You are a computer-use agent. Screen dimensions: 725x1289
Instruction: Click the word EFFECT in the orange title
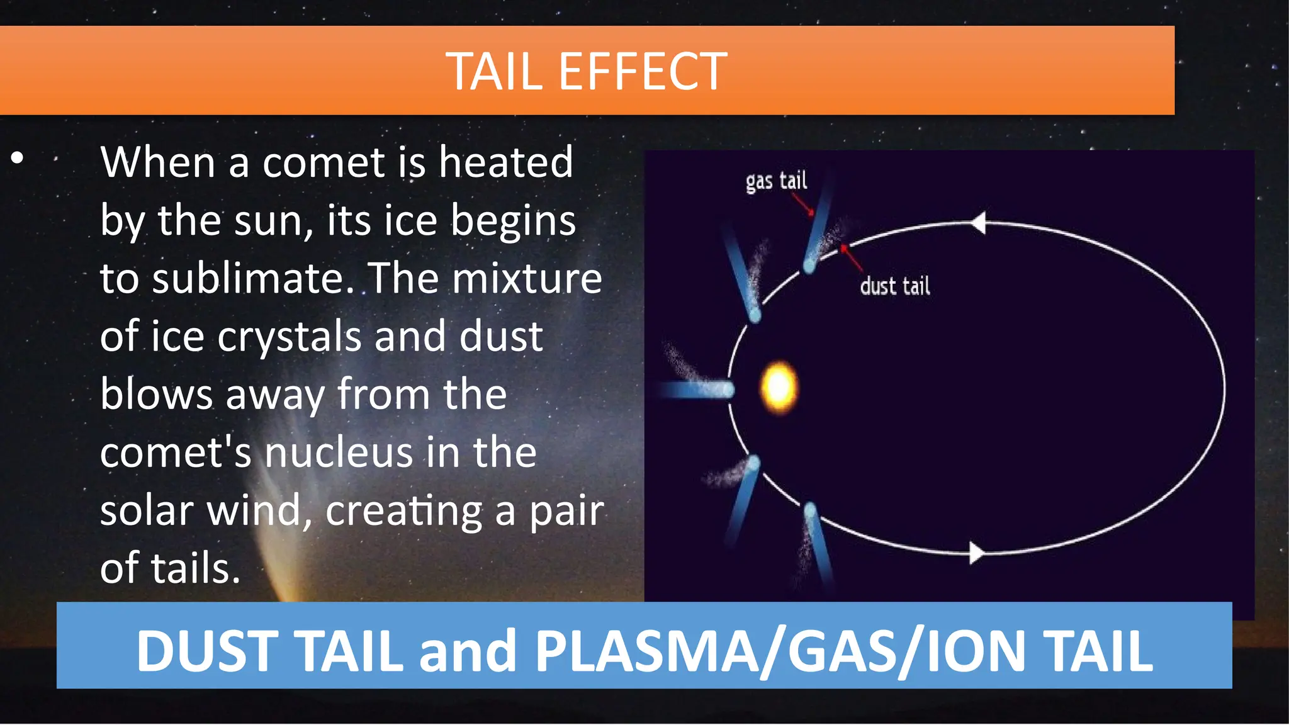click(643, 72)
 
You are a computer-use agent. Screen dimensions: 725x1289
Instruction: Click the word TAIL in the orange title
click(494, 72)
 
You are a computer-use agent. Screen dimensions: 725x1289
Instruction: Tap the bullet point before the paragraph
click(17, 158)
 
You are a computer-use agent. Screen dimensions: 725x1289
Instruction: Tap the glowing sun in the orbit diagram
click(779, 386)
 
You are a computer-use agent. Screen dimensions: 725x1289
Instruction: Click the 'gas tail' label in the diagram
click(776, 181)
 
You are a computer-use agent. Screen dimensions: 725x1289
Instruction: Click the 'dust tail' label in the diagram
click(894, 286)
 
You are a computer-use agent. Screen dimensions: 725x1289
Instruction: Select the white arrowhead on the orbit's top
click(979, 222)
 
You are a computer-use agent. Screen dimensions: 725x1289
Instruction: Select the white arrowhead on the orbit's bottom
click(976, 553)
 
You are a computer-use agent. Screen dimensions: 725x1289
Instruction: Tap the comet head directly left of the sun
click(728, 390)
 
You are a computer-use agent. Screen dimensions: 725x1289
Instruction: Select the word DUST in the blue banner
click(207, 651)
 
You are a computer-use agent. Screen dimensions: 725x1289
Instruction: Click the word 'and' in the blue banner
click(468, 651)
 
